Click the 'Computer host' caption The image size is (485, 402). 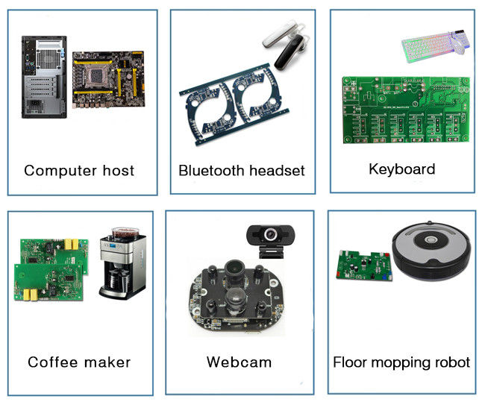(79, 170)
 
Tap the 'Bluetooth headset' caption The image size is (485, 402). (241, 171)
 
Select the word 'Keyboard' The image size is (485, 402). (401, 169)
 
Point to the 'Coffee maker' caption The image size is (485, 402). (79, 362)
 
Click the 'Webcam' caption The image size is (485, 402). (239, 362)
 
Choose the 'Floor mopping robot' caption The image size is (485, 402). (401, 362)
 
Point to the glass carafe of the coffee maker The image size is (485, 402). (114, 280)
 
